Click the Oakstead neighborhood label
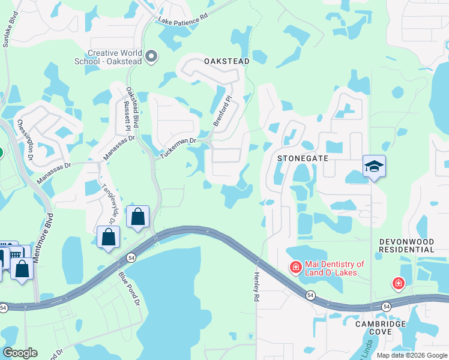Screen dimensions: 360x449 (x=226, y=62)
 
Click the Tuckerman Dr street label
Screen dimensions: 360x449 (x=178, y=149)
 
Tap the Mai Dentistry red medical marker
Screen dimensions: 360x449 (x=295, y=266)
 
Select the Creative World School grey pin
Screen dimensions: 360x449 (x=152, y=57)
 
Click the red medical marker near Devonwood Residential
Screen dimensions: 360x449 (x=398, y=283)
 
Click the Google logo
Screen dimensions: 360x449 (x=20, y=353)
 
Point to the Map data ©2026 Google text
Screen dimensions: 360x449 (x=411, y=355)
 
